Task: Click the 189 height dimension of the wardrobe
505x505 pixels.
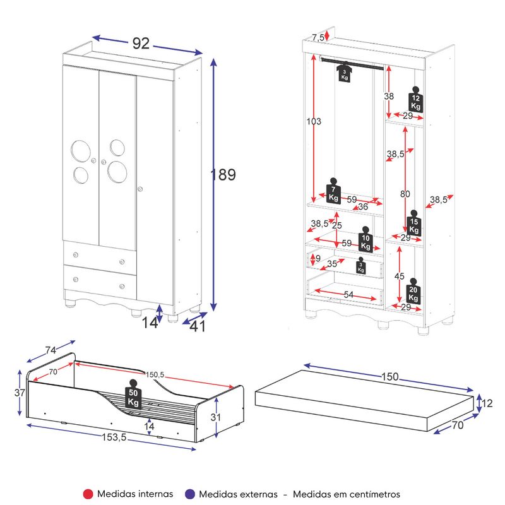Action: click(x=223, y=175)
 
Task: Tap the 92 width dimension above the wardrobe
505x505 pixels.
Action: click(x=141, y=43)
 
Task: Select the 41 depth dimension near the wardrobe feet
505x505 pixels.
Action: click(x=197, y=326)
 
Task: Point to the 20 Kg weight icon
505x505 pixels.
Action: click(x=413, y=291)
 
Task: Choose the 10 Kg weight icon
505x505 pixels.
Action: click(x=365, y=239)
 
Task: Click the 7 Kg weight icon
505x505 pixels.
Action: click(x=333, y=191)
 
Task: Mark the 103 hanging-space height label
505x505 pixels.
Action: click(x=314, y=121)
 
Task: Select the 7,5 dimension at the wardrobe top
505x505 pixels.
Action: click(x=318, y=38)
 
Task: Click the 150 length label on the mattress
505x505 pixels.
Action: click(x=390, y=376)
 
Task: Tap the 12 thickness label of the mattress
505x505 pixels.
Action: click(x=487, y=403)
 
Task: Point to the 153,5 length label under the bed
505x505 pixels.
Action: click(x=114, y=437)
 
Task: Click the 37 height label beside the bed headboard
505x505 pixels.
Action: click(x=20, y=393)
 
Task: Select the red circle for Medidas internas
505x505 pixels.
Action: click(x=88, y=494)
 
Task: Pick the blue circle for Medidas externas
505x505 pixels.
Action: click(x=191, y=494)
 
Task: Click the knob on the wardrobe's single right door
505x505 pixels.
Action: click(x=140, y=189)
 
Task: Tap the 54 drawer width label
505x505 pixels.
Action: click(x=348, y=294)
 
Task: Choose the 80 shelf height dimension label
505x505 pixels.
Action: click(x=405, y=194)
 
